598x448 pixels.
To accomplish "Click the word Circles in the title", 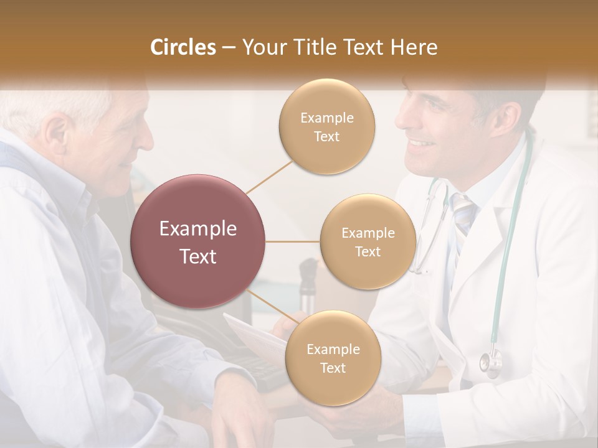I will [183, 47].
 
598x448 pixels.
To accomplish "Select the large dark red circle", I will [198, 242].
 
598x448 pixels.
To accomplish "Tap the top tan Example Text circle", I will [326, 126].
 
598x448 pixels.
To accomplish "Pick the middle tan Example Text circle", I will [368, 242].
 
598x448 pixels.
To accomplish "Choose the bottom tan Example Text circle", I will [333, 358].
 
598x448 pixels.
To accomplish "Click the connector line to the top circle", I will [269, 176].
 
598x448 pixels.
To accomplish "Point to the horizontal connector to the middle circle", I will [293, 241].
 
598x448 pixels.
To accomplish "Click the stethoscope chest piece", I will [490, 362].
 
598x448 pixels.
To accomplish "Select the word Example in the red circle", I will [198, 229].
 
